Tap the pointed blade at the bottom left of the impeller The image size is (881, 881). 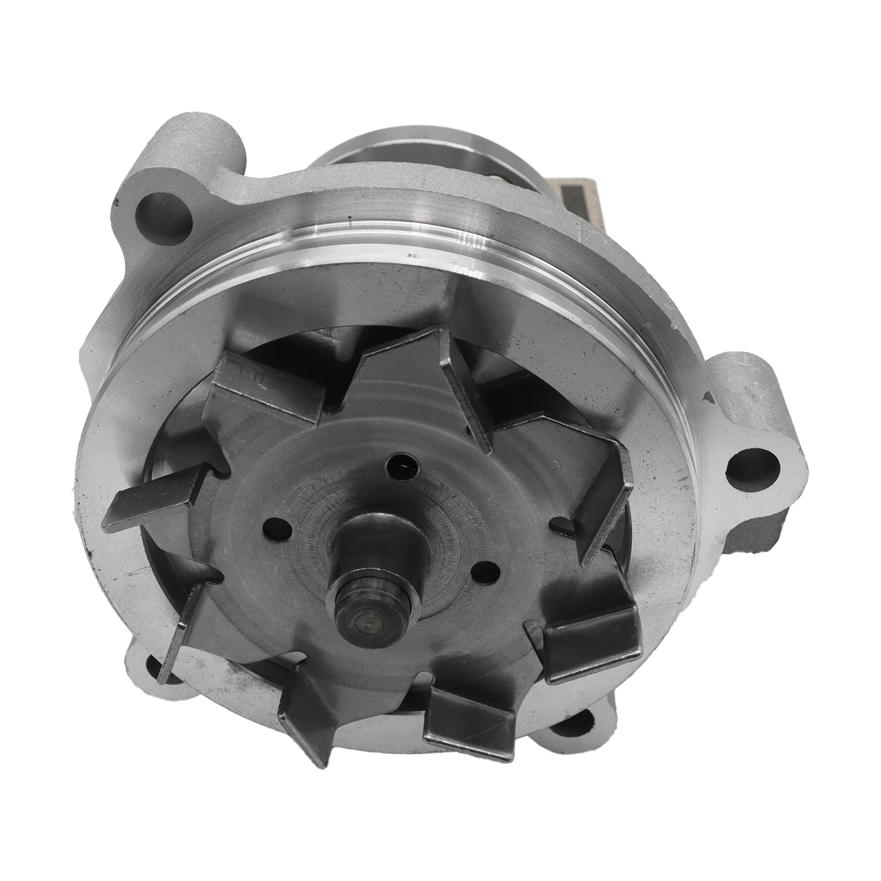tap(306, 725)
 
